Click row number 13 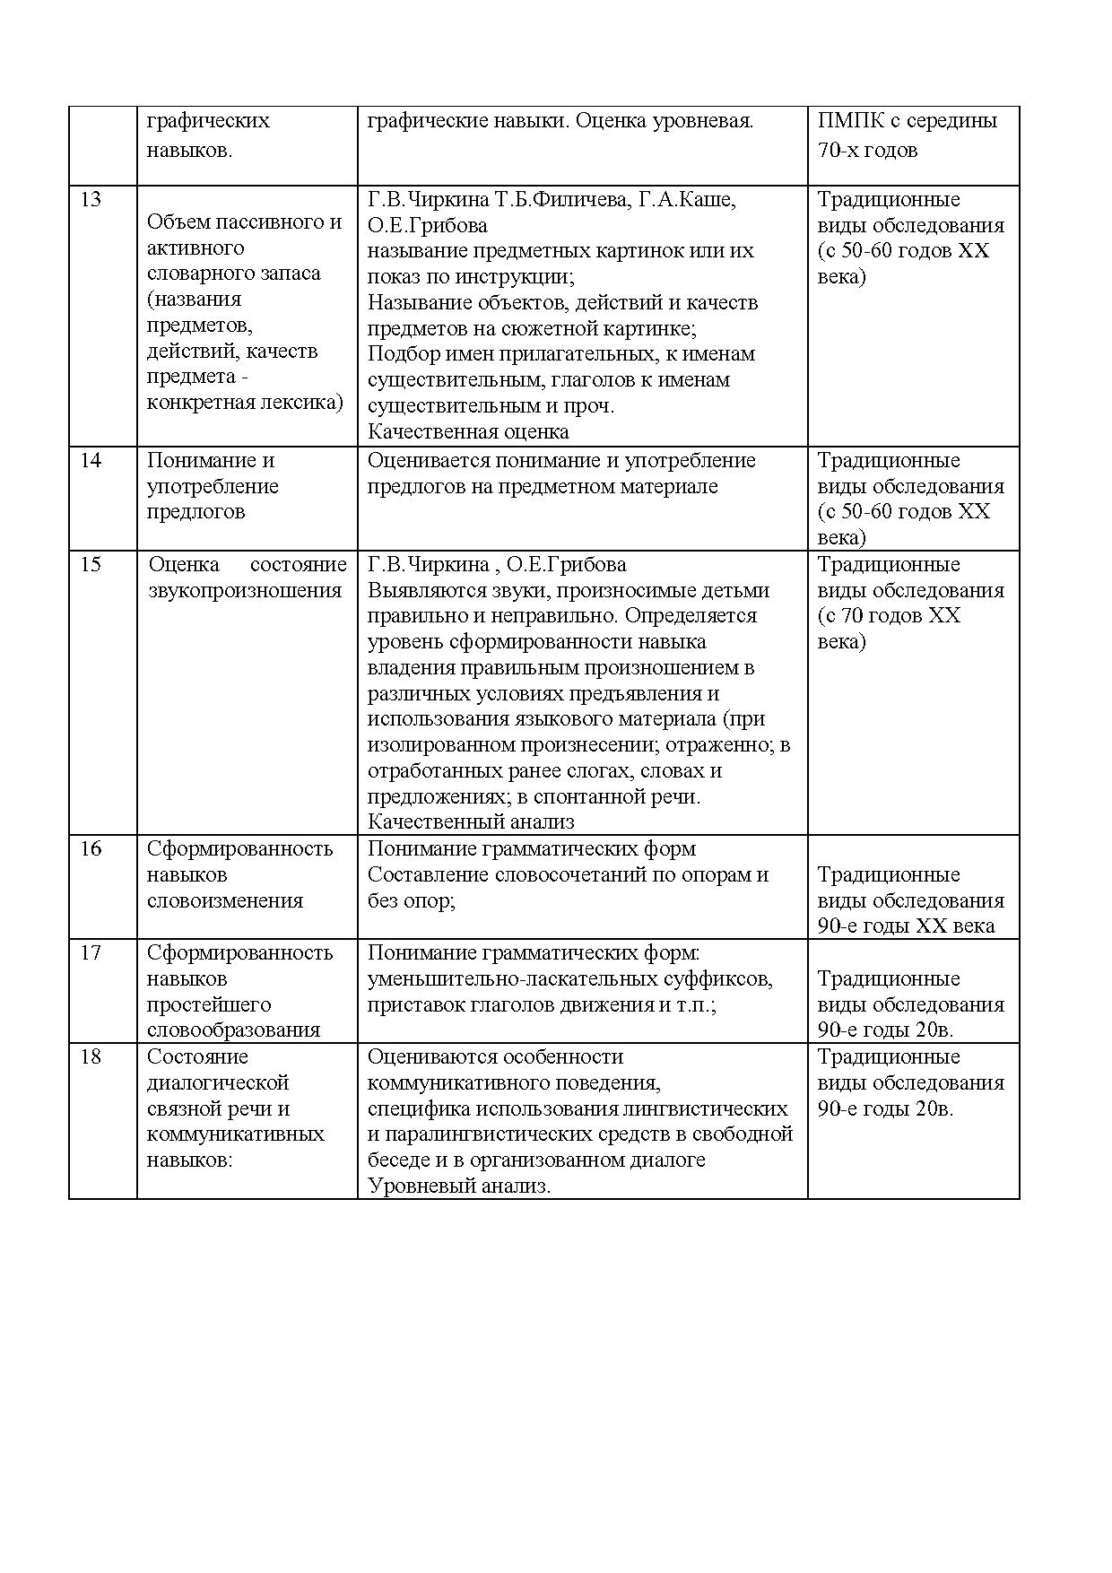91,200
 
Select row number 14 91,461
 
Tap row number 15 91,565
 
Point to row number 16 91,849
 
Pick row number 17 91,953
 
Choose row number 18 91,1057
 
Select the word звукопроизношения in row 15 245,591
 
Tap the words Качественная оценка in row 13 468,432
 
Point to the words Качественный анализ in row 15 471,821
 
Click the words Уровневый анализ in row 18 458,1186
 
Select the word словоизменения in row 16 225,901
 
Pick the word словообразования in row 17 233,1030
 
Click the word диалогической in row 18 218,1083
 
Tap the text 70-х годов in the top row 867,151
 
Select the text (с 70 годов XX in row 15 889,616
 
